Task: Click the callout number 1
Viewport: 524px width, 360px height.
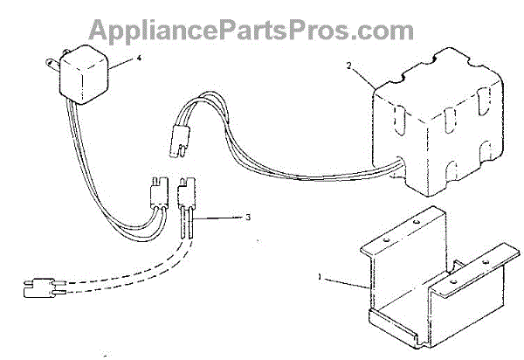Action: pos(321,277)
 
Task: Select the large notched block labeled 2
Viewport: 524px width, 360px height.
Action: pos(428,122)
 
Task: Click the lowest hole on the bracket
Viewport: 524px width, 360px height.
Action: pos(453,286)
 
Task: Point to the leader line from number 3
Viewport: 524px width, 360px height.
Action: pos(224,214)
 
